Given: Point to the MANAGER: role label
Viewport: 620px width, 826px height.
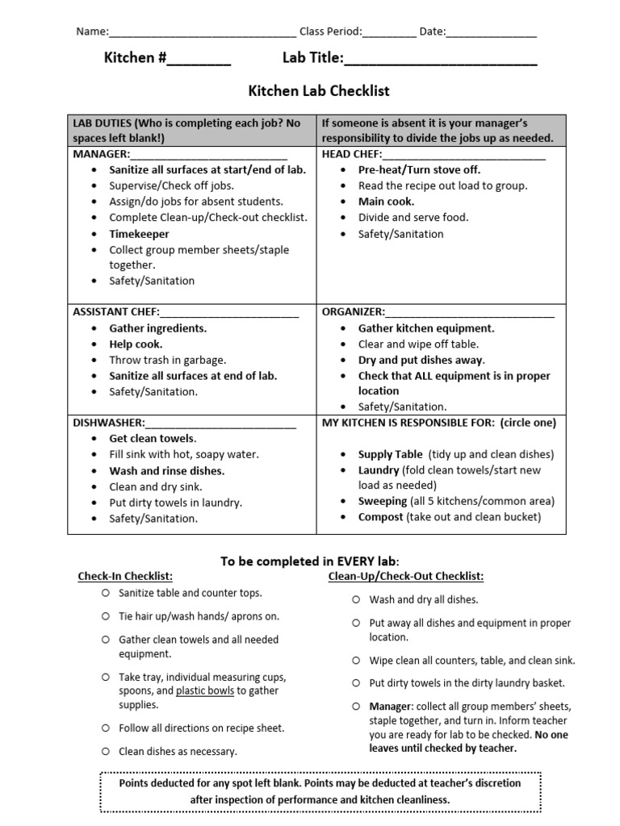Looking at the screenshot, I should [x=101, y=153].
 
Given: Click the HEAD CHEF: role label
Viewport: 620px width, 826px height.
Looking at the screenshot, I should [x=351, y=153].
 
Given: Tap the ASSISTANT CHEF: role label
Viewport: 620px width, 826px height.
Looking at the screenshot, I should [x=116, y=312].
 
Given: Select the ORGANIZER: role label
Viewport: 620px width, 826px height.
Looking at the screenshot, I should [x=354, y=312].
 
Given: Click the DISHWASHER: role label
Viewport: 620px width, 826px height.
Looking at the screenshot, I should [x=109, y=423].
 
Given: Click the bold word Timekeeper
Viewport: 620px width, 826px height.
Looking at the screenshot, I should [x=140, y=234].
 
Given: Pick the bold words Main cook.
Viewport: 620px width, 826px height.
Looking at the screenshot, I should [x=386, y=202].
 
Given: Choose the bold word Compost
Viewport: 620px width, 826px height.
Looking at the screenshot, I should [x=381, y=517].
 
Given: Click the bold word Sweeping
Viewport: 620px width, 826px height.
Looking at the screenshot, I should [x=383, y=502].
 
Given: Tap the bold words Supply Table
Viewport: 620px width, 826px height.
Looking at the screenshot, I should [x=391, y=454].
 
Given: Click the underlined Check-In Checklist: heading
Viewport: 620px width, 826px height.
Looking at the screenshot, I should [x=125, y=576].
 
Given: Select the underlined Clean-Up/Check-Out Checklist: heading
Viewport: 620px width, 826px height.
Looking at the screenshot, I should [x=406, y=576].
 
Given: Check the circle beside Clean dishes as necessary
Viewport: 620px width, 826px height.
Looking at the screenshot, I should [x=106, y=751].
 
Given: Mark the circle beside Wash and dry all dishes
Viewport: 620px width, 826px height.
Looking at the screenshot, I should [x=356, y=599].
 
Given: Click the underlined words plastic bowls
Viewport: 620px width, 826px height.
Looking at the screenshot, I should [x=206, y=690].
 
